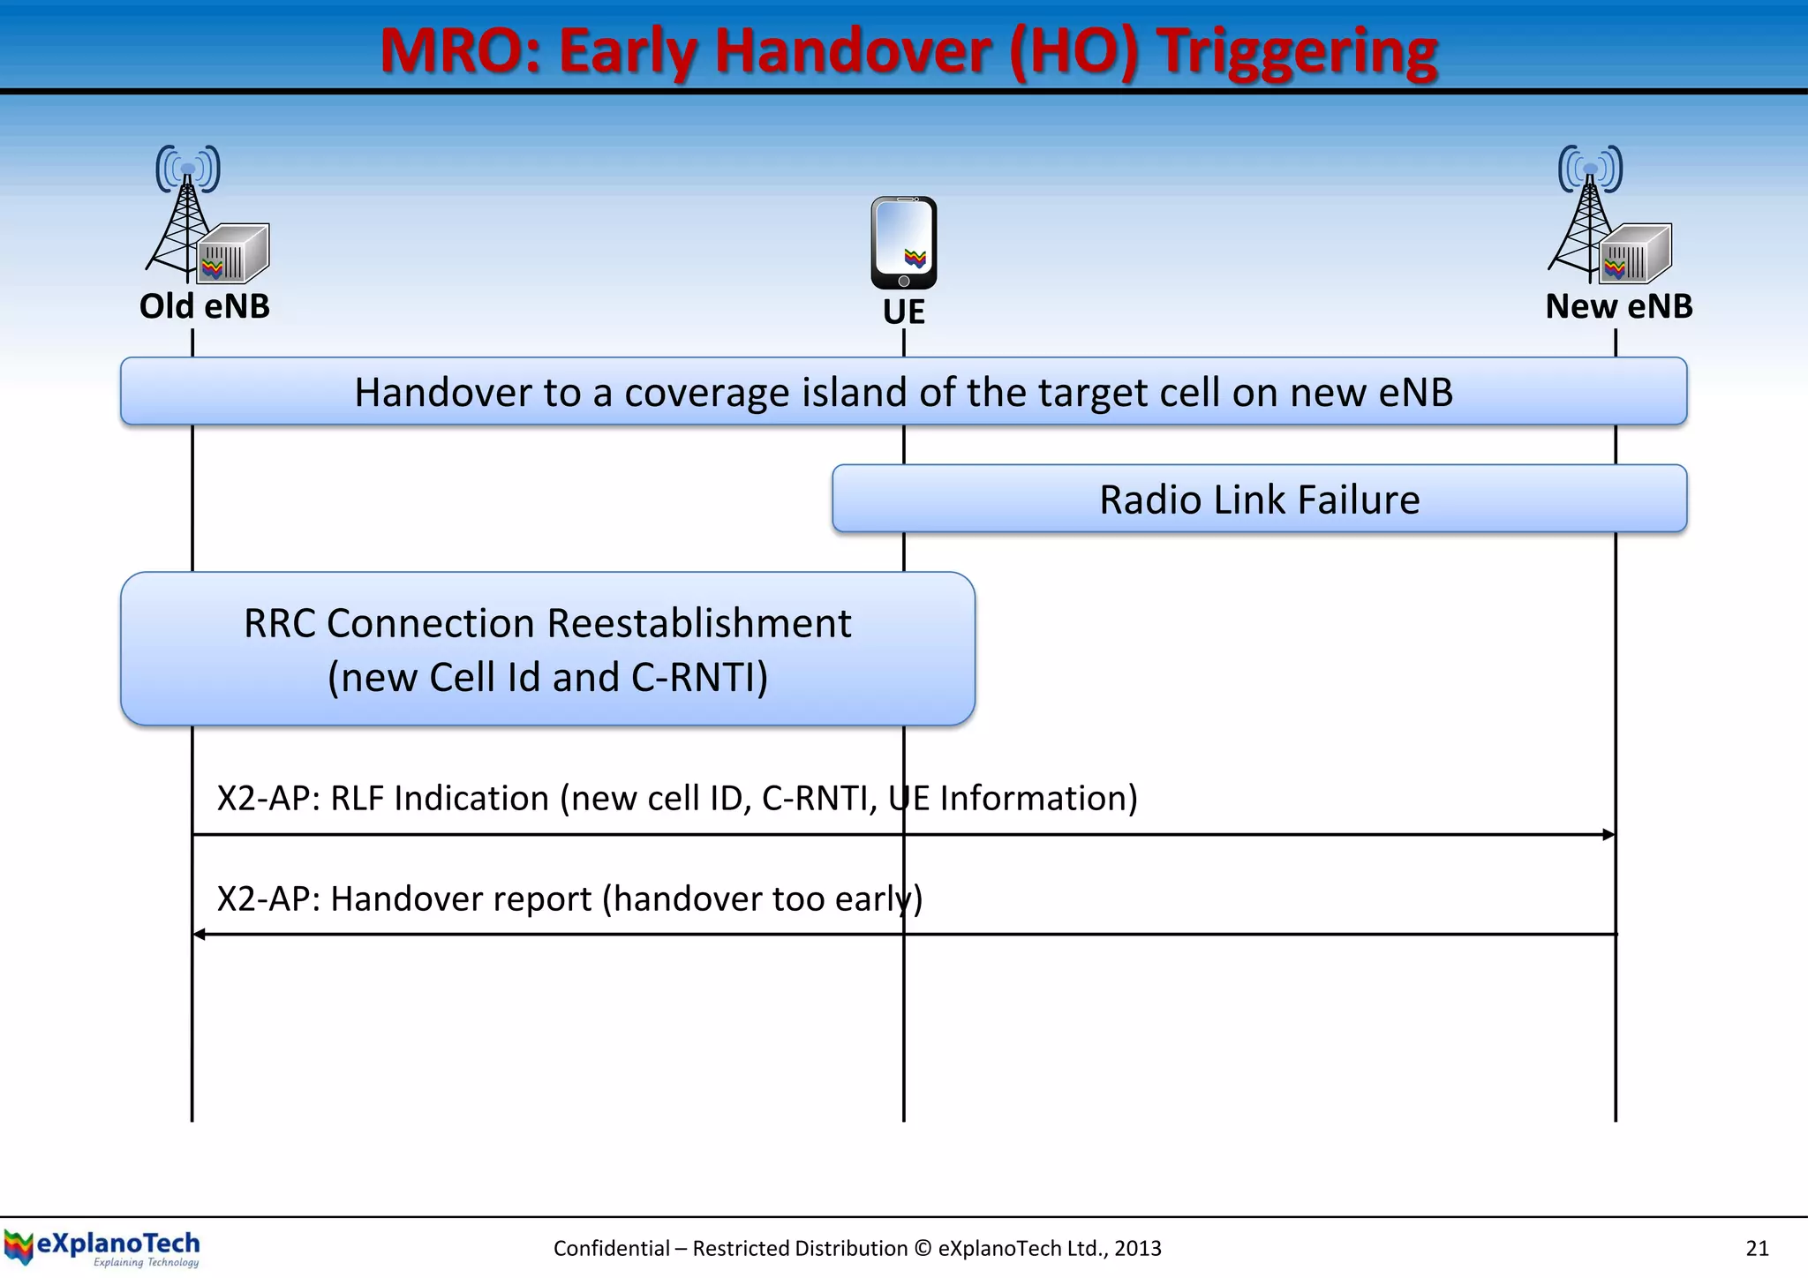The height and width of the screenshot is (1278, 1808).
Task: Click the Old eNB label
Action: (x=204, y=306)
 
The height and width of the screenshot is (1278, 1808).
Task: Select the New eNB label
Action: (x=1618, y=306)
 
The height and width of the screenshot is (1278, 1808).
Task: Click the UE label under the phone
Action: (x=903, y=312)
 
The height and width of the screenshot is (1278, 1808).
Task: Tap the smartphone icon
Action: (x=903, y=243)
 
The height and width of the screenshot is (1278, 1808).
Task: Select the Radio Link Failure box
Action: (x=1259, y=499)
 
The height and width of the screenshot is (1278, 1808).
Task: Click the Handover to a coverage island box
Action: (x=903, y=392)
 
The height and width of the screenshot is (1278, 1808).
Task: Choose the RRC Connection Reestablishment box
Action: (x=547, y=649)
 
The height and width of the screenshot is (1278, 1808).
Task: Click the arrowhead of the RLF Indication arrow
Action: (x=1608, y=834)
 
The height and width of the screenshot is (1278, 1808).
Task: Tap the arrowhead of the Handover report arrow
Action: (x=200, y=934)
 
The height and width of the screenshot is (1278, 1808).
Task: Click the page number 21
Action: (x=1757, y=1248)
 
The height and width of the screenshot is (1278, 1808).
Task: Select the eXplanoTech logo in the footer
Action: (x=102, y=1248)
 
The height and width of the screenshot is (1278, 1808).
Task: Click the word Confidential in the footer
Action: (x=611, y=1248)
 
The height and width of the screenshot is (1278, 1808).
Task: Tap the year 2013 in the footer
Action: (x=1137, y=1248)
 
